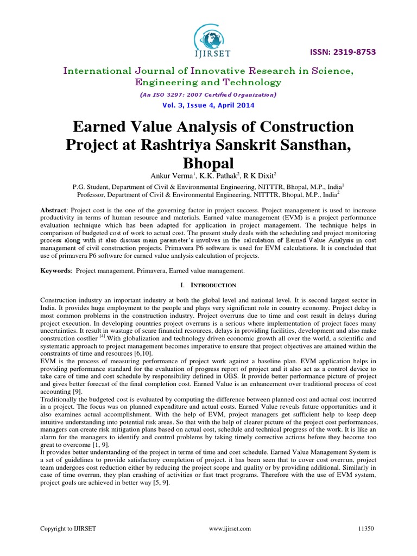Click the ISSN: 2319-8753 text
[x=342, y=52]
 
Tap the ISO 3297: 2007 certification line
[x=208, y=95]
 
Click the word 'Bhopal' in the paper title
[x=208, y=163]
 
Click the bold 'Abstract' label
[x=55, y=210]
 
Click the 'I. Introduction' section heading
[x=208, y=285]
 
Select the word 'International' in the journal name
[x=98, y=71]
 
